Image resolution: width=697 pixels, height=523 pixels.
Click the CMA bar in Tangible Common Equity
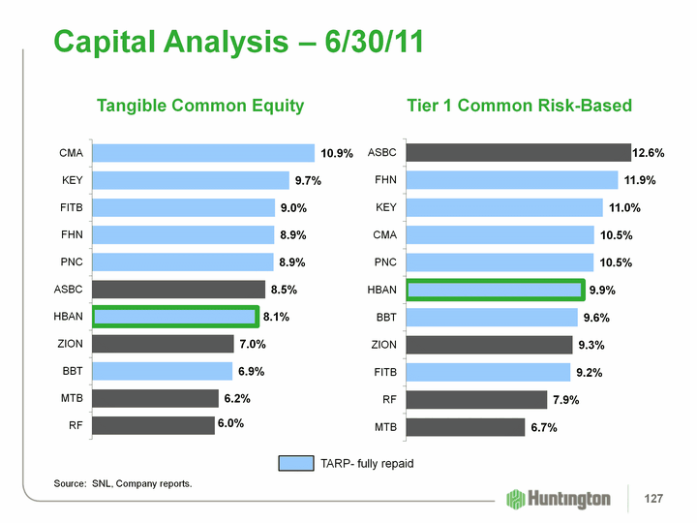pyautogui.click(x=203, y=153)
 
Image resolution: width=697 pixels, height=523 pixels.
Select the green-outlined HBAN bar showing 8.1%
pyautogui.click(x=175, y=317)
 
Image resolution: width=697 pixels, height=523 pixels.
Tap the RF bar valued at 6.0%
pyautogui.click(x=153, y=425)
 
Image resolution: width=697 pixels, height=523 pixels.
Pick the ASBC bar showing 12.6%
pyautogui.click(x=518, y=152)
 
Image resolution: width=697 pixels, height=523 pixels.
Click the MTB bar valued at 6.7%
pyautogui.click(x=465, y=427)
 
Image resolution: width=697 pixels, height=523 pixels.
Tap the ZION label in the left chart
pyautogui.click(x=71, y=344)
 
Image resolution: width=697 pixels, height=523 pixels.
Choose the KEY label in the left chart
pyautogui.click(x=71, y=180)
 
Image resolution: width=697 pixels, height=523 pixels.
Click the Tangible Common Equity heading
pyautogui.click(x=200, y=106)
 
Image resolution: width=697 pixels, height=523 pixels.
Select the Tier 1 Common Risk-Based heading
pyautogui.click(x=519, y=106)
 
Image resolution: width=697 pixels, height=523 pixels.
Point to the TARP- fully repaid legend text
pyautogui.click(x=367, y=464)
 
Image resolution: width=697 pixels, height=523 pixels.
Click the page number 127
pyautogui.click(x=655, y=499)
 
